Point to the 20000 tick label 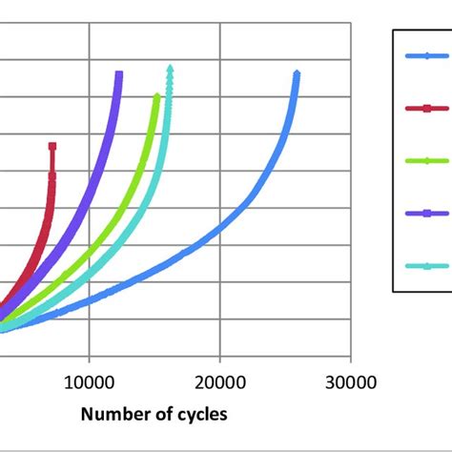[x=219, y=383]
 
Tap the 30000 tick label [x=350, y=383]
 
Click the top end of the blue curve [x=297, y=73]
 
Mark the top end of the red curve [x=52, y=146]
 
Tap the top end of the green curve [x=157, y=95]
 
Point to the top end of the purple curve [x=119, y=73]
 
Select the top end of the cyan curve [x=170, y=68]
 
